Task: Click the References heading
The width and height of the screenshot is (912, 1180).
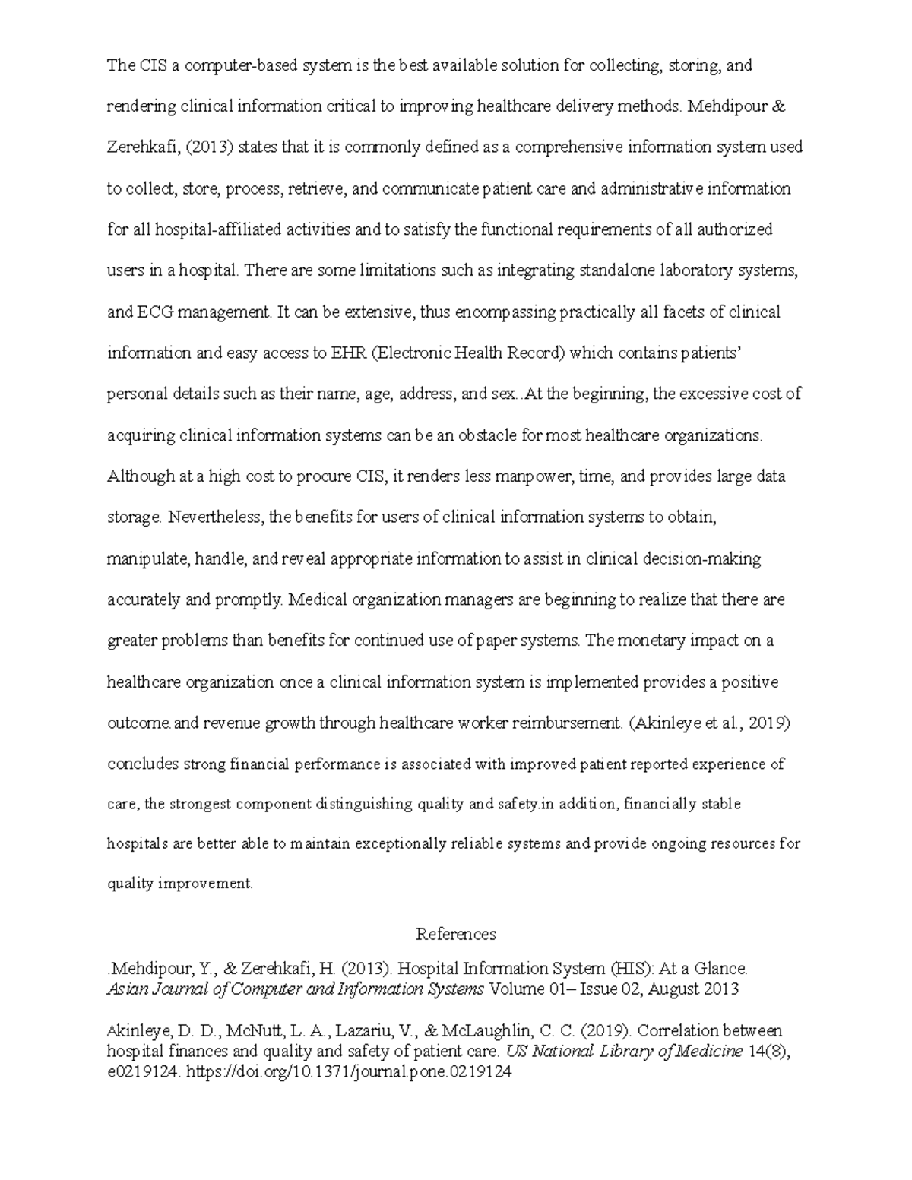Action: pyautogui.click(x=456, y=934)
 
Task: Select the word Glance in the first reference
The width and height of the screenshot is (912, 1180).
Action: pyautogui.click(x=723, y=969)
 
